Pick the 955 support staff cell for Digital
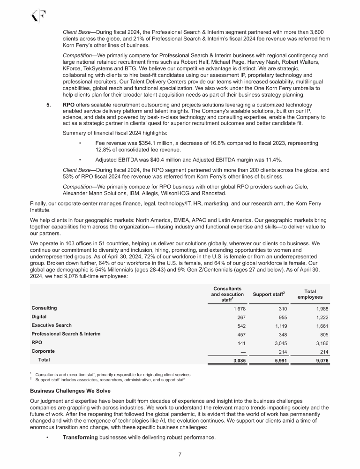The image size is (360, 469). (x=280, y=318)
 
